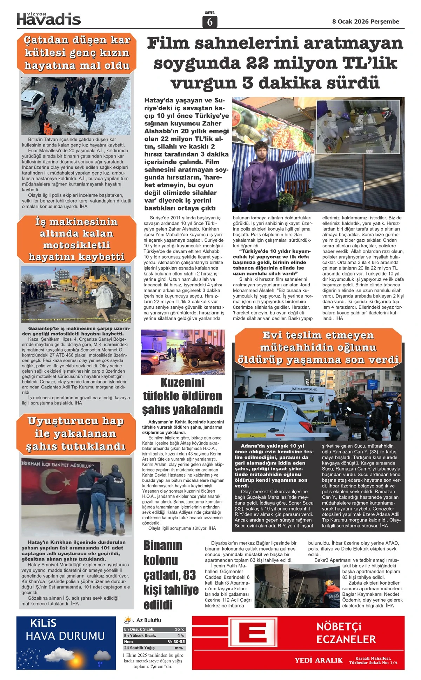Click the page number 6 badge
pos(210,22)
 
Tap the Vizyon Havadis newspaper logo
pos(49,19)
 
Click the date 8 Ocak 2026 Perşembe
pos(366,21)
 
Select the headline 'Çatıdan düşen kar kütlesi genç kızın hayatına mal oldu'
pos(76,53)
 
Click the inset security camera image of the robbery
pos(358,127)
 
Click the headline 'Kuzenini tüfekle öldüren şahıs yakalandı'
pos(182,396)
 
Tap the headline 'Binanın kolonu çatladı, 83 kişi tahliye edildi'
pos(171,575)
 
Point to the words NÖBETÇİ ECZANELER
pos(346,633)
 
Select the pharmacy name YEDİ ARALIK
pos(319,660)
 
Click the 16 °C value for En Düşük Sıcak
pos(179,629)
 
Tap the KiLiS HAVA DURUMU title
pos(65,631)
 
